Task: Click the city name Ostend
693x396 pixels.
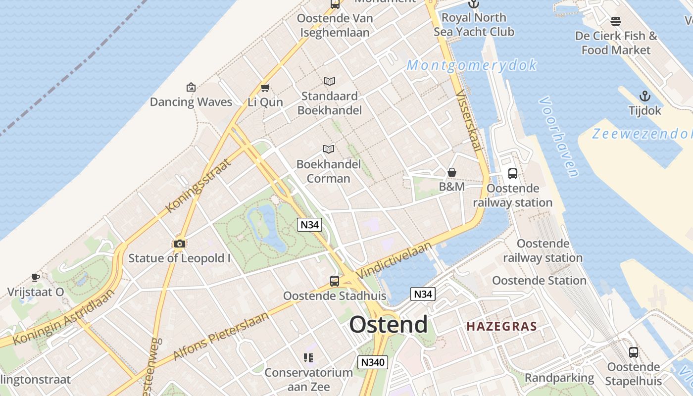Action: click(388, 325)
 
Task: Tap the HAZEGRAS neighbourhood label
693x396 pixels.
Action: click(501, 327)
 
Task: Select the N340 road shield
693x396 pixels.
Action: click(372, 362)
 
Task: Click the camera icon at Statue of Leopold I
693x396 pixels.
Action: click(179, 244)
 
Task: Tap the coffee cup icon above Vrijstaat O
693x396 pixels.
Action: click(35, 277)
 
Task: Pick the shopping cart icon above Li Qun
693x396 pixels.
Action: click(265, 88)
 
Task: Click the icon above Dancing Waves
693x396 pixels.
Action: click(191, 88)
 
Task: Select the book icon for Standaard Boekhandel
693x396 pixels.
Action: click(329, 81)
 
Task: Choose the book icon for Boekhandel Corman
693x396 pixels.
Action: click(329, 149)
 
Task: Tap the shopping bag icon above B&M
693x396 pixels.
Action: click(451, 172)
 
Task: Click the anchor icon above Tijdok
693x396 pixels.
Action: click(644, 96)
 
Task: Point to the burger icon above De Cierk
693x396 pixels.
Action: click(616, 21)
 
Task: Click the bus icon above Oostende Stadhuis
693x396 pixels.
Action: click(335, 281)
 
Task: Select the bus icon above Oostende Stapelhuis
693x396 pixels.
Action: click(633, 352)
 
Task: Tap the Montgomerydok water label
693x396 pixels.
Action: click(472, 65)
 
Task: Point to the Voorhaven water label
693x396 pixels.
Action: click(558, 137)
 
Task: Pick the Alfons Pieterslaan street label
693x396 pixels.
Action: click(221, 336)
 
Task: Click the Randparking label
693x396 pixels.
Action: click(559, 378)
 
